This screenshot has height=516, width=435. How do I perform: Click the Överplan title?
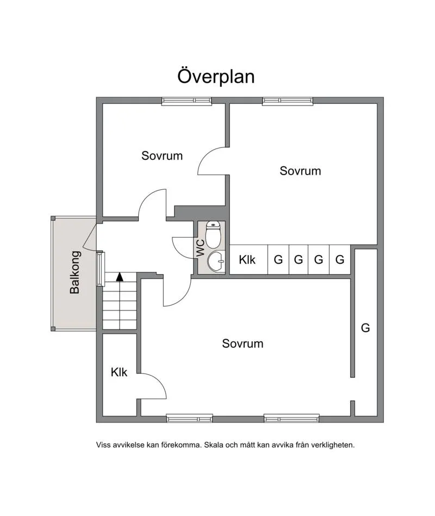pyautogui.click(x=216, y=76)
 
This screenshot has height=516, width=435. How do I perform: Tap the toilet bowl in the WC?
pyautogui.click(x=213, y=235)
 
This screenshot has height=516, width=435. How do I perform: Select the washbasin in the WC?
pyautogui.click(x=216, y=261)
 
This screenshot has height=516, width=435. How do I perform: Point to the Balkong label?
pyautogui.click(x=75, y=272)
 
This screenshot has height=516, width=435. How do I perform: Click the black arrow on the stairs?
pyautogui.click(x=120, y=276)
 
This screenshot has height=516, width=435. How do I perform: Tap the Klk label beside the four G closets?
pyautogui.click(x=247, y=260)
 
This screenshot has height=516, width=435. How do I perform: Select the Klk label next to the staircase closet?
pyautogui.click(x=119, y=372)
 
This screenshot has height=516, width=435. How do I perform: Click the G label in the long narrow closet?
pyautogui.click(x=365, y=328)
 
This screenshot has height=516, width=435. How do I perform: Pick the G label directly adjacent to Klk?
pyautogui.click(x=278, y=260)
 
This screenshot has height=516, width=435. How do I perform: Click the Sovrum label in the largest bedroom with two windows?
pyautogui.click(x=243, y=344)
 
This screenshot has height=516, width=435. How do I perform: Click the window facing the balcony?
pyautogui.click(x=100, y=269)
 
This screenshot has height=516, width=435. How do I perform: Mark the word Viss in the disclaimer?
pyautogui.click(x=104, y=445)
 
